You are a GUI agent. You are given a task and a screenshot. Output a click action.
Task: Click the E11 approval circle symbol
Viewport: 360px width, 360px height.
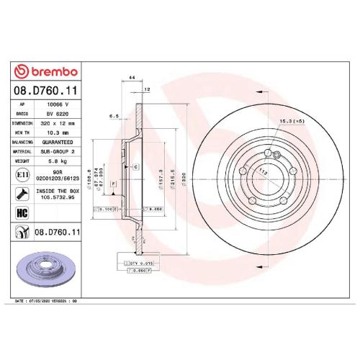coord(22,175)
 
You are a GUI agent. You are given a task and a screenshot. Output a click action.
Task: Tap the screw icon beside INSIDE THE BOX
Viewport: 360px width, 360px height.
coord(22,193)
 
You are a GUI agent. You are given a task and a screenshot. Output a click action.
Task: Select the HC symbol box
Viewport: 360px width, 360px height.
coord(22,212)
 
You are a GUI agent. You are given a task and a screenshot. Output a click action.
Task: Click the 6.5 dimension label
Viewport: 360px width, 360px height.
coord(113,115)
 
